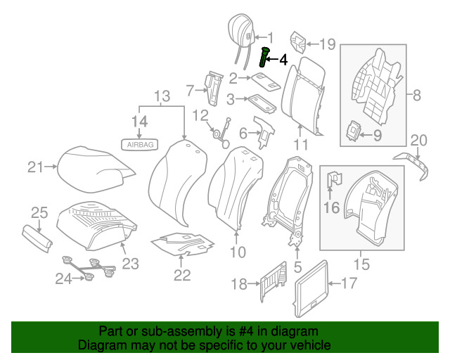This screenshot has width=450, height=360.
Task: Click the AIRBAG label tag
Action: (x=141, y=144)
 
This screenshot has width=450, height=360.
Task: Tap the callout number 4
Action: (x=283, y=60)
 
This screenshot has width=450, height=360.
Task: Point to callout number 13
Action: (x=162, y=95)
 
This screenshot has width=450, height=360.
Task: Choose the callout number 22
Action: (x=182, y=275)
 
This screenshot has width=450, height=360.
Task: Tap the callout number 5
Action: (x=297, y=267)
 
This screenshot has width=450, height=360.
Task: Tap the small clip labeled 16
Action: (x=335, y=181)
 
